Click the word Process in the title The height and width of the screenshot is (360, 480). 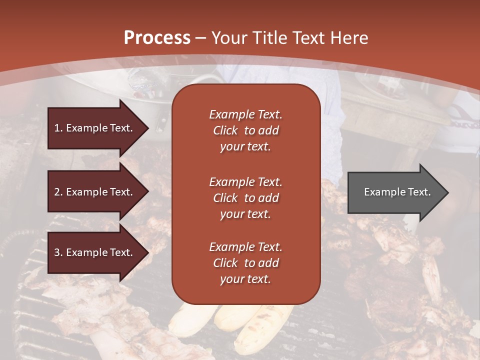[x=157, y=38]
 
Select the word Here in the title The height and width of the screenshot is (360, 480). [x=348, y=38]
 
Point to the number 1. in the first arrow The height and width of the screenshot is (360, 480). [x=58, y=128]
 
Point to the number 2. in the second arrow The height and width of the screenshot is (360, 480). [x=58, y=192]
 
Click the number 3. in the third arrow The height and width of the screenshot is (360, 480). [x=58, y=252]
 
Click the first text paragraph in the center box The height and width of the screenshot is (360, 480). [x=245, y=130]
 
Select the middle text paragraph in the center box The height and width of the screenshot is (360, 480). [x=245, y=198]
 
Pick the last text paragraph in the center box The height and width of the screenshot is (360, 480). [x=245, y=263]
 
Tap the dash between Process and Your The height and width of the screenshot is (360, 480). [x=201, y=38]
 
